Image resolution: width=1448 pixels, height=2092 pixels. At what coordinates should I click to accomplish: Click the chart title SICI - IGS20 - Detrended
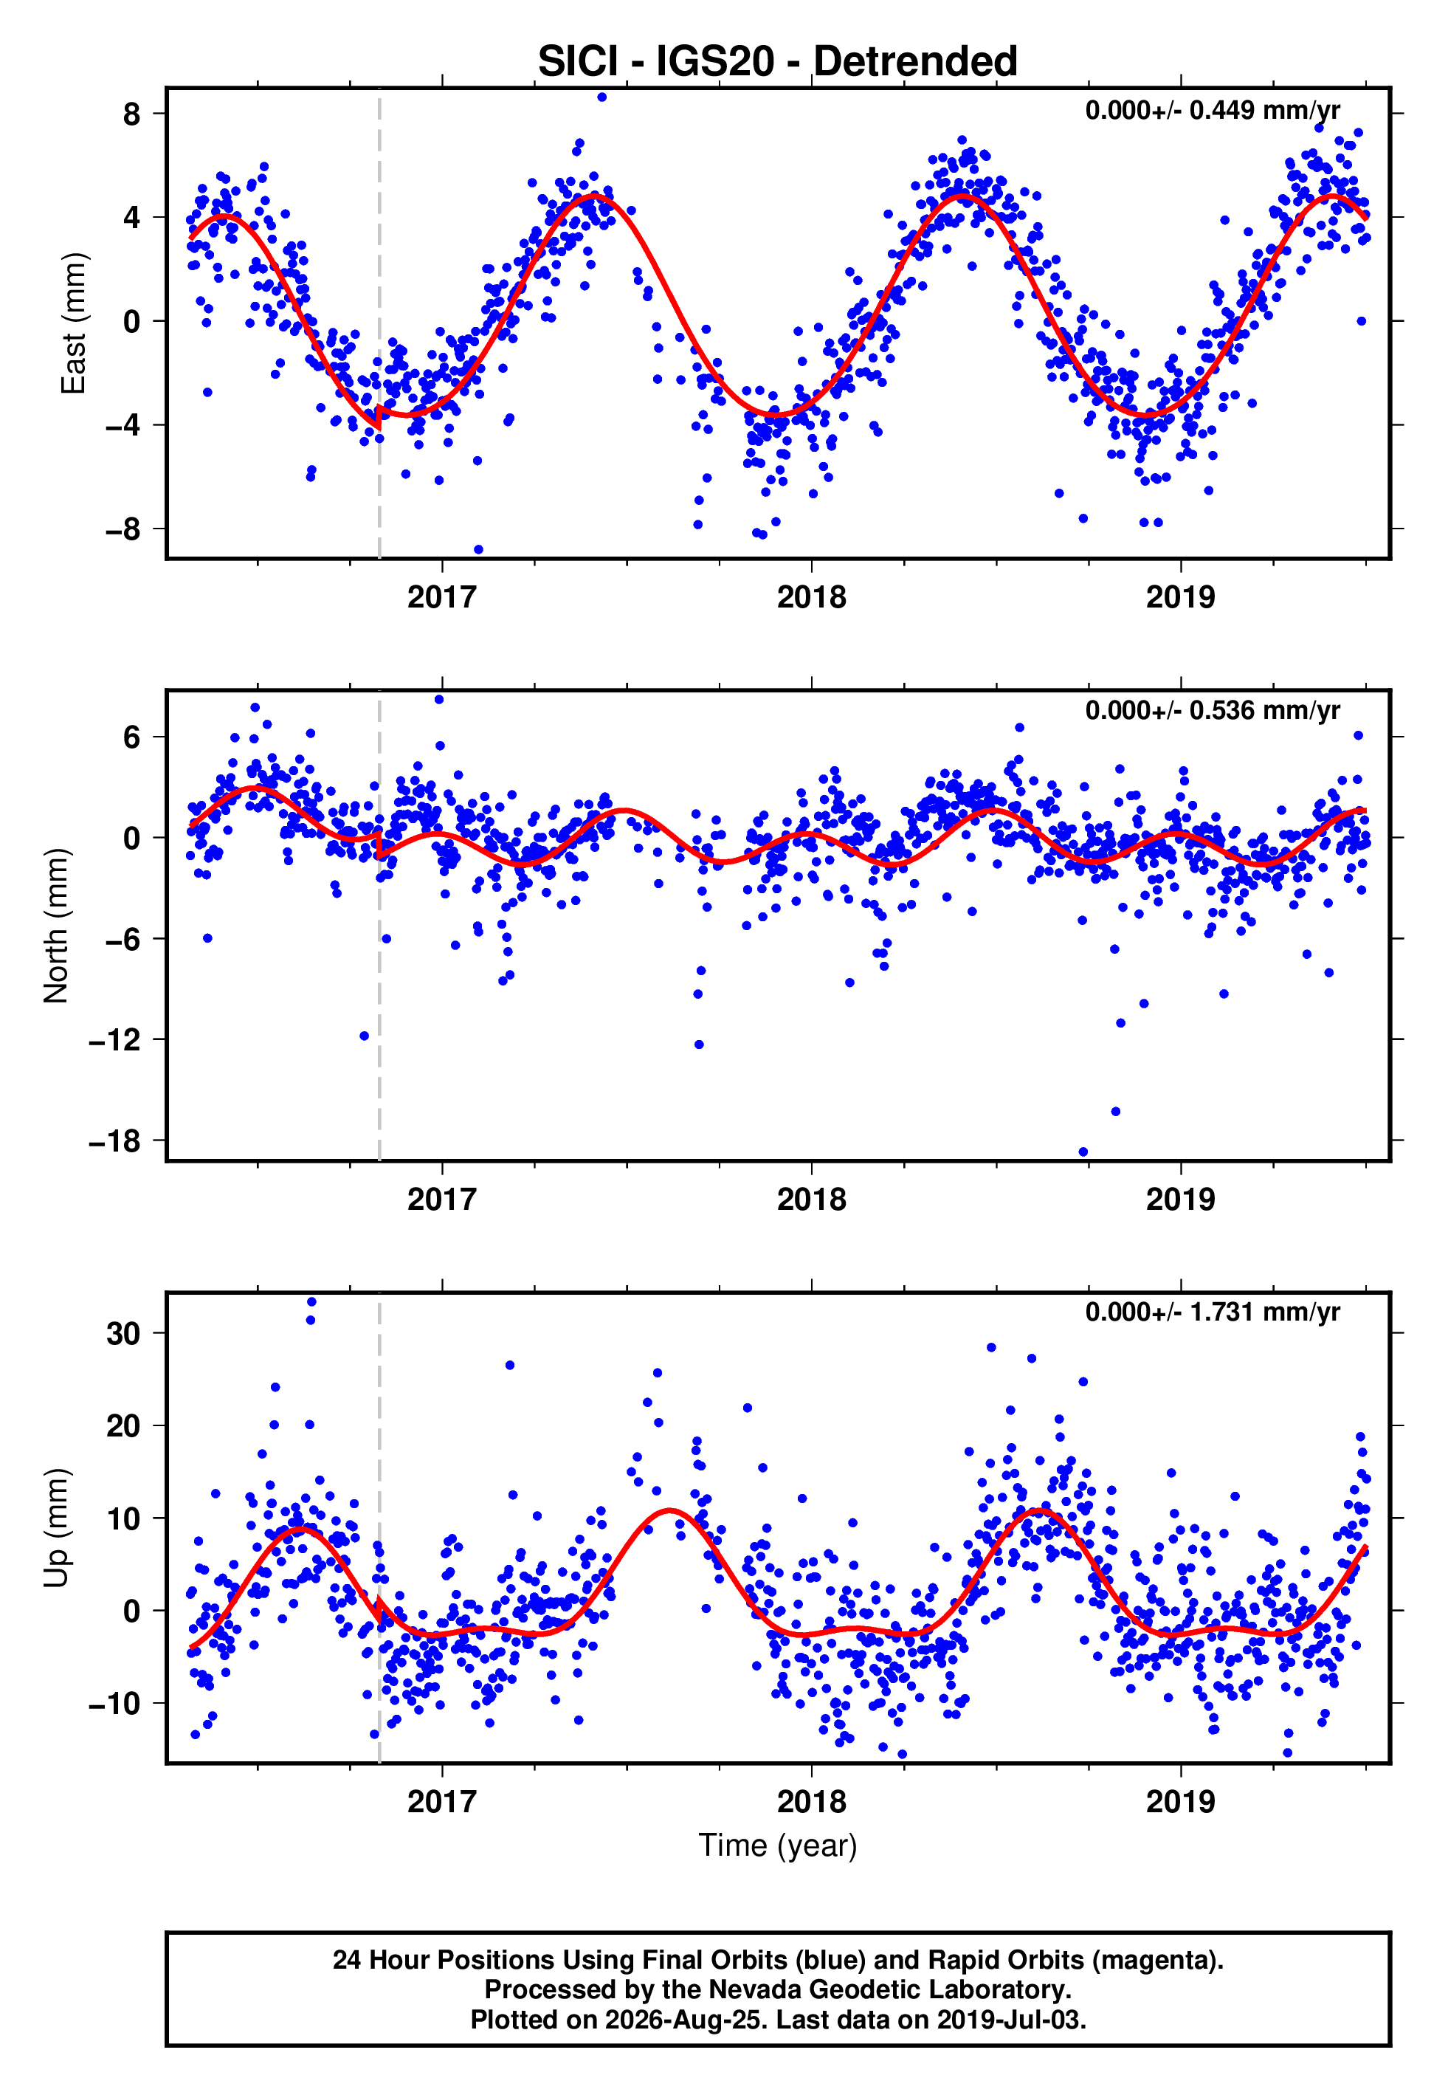click(x=778, y=61)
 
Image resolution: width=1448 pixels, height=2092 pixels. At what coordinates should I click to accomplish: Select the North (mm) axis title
click(x=55, y=926)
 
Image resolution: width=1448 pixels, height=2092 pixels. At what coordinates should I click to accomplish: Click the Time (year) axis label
click(x=778, y=1845)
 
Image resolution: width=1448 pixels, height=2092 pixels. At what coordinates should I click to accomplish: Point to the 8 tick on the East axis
click(x=132, y=114)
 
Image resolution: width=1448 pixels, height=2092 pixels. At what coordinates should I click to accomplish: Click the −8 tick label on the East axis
click(x=123, y=529)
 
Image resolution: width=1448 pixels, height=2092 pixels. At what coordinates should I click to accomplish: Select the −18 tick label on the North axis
click(x=114, y=1140)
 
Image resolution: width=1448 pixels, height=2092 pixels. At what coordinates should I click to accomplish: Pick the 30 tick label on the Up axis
click(x=123, y=1334)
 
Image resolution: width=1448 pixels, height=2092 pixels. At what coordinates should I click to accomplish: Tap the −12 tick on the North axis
click(x=114, y=1039)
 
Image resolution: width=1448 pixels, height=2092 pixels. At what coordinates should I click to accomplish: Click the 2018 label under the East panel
click(x=811, y=597)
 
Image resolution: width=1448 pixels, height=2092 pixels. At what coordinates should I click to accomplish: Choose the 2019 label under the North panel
click(x=1180, y=1200)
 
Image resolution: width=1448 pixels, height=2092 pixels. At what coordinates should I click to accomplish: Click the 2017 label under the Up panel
click(x=442, y=1802)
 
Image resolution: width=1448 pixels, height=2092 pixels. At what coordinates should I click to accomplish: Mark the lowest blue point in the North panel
click(x=1083, y=1152)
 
